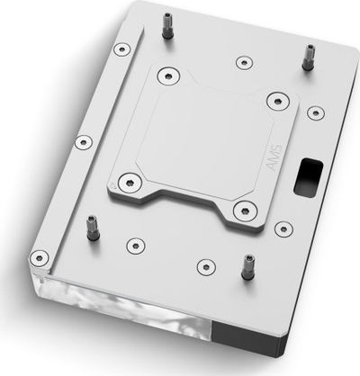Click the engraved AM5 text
tap(274, 158)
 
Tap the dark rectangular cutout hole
tap(308, 178)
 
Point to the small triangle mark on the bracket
tap(113, 185)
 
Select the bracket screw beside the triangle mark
tap(130, 183)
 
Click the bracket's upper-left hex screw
tap(168, 76)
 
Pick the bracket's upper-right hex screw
tap(278, 102)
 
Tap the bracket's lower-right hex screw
tap(245, 210)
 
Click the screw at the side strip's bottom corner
tap(39, 258)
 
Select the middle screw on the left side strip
tap(84, 142)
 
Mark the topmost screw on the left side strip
tap(122, 49)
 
